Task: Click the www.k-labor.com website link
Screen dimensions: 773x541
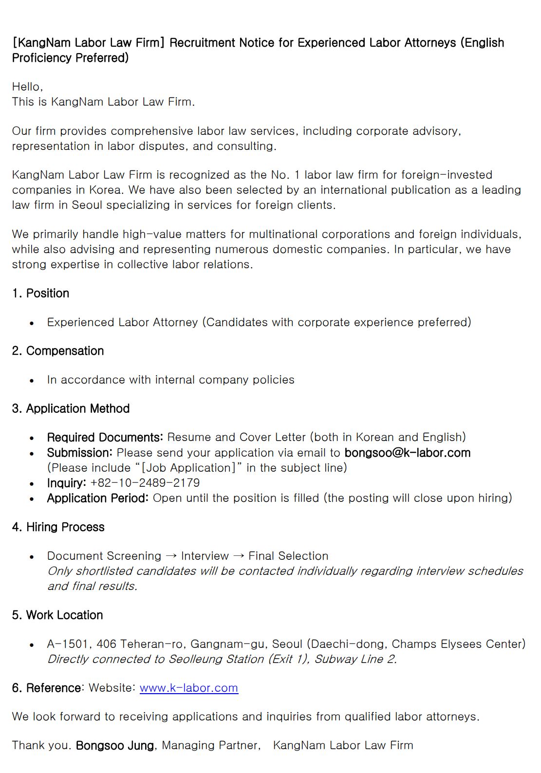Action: [188, 688]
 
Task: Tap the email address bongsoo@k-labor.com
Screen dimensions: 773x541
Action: [407, 453]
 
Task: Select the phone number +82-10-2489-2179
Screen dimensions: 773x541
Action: [145, 483]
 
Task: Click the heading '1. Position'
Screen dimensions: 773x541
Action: [41, 294]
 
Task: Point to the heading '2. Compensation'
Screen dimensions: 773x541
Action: [58, 351]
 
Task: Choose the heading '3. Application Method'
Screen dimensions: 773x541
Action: [71, 408]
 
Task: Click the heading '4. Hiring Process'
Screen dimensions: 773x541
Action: [58, 527]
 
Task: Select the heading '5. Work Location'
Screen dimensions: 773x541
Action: [57, 615]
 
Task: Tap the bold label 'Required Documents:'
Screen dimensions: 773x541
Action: [105, 437]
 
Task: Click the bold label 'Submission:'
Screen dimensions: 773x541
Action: [80, 453]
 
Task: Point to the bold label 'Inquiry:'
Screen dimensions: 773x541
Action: [67, 483]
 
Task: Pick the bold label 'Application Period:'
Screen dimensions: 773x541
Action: [97, 498]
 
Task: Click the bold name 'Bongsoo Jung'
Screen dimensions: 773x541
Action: [115, 745]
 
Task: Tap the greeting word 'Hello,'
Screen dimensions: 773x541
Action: [28, 87]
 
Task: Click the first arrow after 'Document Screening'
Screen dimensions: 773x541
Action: [171, 556]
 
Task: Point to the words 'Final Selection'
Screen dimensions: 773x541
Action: [288, 556]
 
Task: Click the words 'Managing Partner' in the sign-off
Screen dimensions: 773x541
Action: [210, 745]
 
